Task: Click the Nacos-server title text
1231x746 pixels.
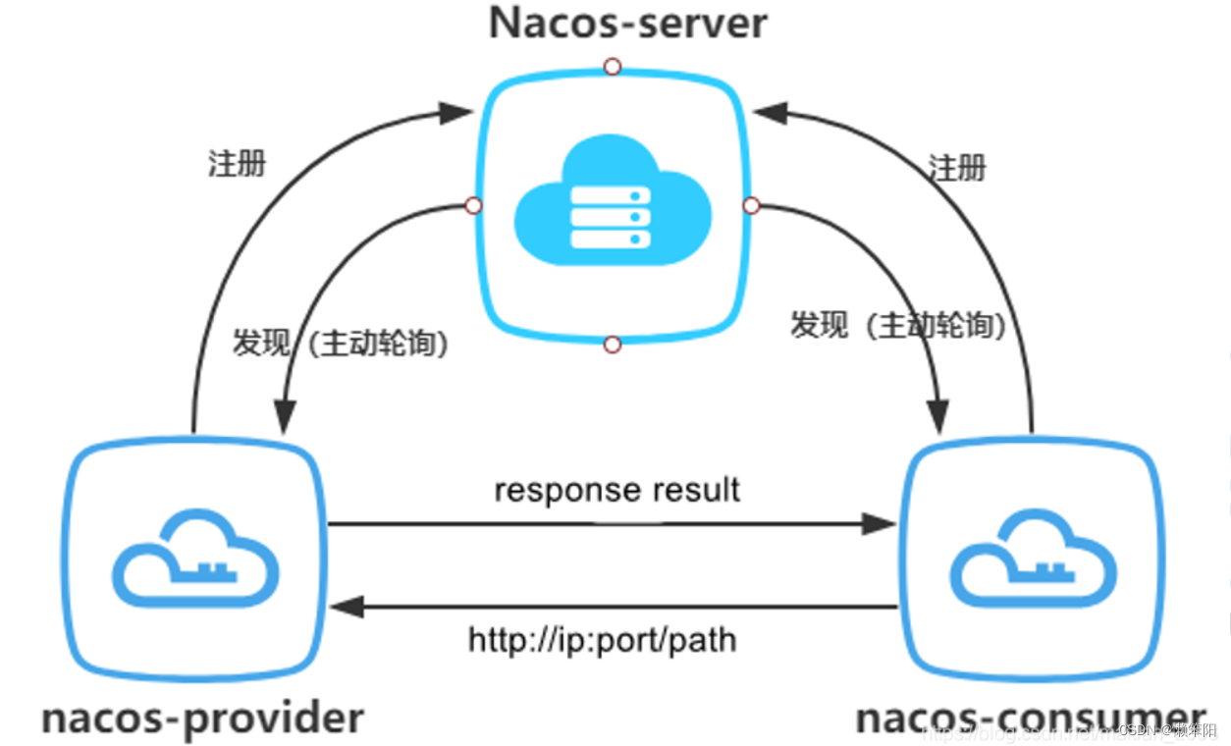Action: (x=627, y=23)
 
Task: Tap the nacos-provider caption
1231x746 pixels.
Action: (x=202, y=718)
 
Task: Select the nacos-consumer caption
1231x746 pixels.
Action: (x=1030, y=718)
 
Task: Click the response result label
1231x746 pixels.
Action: (x=616, y=489)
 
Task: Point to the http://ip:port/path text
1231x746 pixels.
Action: (x=602, y=641)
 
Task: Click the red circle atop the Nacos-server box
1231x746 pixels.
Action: (x=613, y=67)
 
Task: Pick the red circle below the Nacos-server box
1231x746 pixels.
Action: (x=613, y=345)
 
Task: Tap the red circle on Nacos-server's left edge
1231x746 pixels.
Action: (x=473, y=205)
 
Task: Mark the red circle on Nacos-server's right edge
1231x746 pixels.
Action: (x=752, y=205)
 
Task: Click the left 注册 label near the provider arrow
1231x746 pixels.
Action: (x=237, y=163)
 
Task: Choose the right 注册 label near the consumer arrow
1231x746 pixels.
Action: (x=956, y=168)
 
